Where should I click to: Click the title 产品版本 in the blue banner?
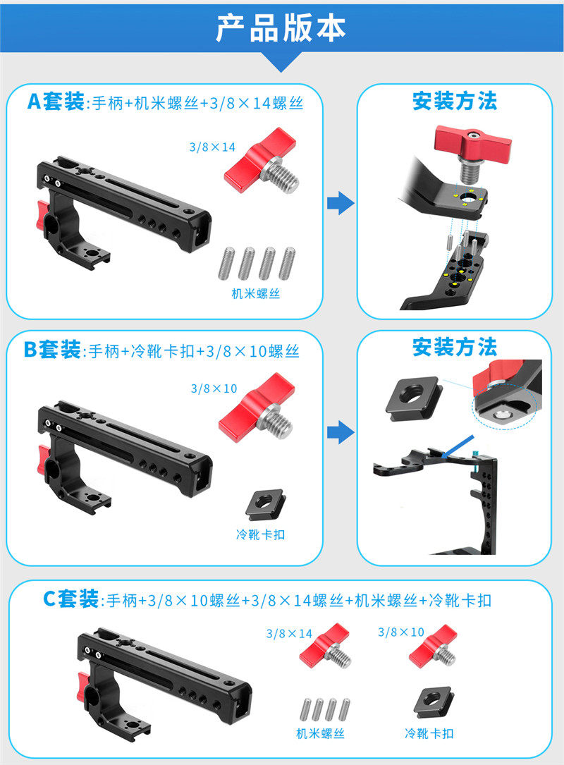click(x=281, y=27)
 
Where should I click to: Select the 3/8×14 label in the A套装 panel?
click(x=212, y=147)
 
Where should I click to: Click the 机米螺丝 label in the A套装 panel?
click(x=256, y=294)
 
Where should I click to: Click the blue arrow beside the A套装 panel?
click(x=341, y=203)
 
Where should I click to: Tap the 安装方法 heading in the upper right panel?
click(x=455, y=101)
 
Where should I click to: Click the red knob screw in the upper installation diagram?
click(x=472, y=152)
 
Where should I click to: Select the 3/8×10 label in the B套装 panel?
click(x=214, y=388)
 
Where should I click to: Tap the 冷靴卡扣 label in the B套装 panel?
click(x=261, y=534)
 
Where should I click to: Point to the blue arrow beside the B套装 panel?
click(x=341, y=432)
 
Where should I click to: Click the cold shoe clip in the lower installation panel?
click(x=414, y=395)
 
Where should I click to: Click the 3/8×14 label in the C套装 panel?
click(x=289, y=634)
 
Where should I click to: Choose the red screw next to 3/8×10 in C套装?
click(x=434, y=646)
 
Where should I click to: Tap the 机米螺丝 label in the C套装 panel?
click(x=321, y=734)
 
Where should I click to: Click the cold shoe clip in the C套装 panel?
click(x=434, y=703)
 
